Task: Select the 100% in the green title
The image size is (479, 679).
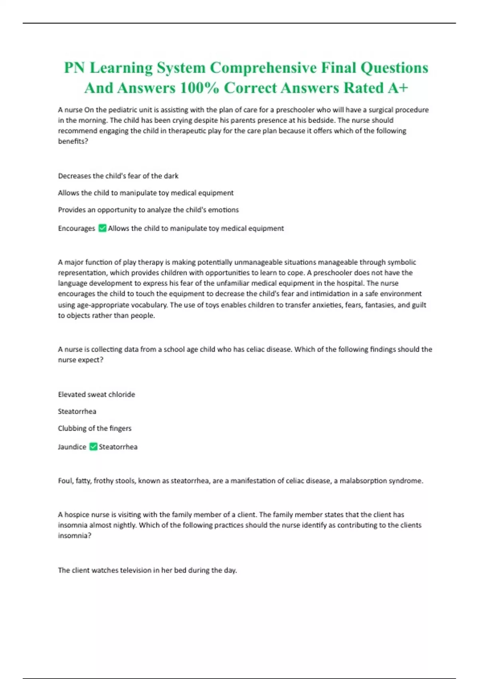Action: coord(199,88)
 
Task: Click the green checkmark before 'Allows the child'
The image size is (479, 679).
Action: coord(102,228)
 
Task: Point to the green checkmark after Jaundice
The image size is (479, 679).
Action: coord(93,447)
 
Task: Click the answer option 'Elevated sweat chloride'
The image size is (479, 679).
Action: coord(96,394)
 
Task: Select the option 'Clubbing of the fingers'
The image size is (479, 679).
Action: coord(95,428)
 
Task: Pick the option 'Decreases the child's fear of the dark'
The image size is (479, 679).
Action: coord(118,176)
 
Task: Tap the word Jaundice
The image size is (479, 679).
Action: coord(72,447)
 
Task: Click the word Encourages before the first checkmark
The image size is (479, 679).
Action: coord(77,228)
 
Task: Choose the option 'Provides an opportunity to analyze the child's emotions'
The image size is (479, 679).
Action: coord(148,210)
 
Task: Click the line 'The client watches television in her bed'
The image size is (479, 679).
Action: coord(147,570)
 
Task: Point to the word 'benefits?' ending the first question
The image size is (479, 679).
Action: coord(73,141)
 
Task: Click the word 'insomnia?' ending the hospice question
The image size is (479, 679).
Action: coord(75,536)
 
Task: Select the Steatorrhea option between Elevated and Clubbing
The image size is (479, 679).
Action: coord(77,411)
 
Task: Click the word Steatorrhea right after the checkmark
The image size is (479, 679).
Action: coord(118,447)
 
